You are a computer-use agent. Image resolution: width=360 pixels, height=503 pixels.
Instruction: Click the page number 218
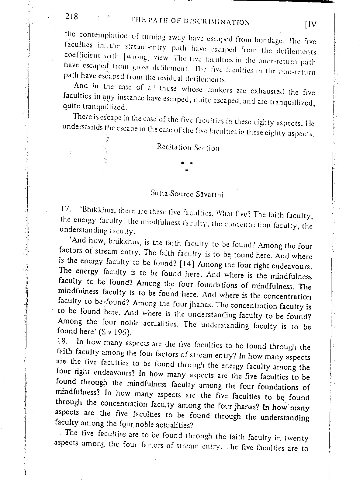tap(72, 16)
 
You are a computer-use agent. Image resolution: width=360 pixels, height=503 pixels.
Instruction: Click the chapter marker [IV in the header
tap(311, 24)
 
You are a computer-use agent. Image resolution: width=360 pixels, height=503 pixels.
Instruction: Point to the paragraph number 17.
tap(65, 209)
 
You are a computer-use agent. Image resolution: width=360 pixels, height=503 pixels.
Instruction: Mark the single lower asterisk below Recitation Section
tap(187, 170)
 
